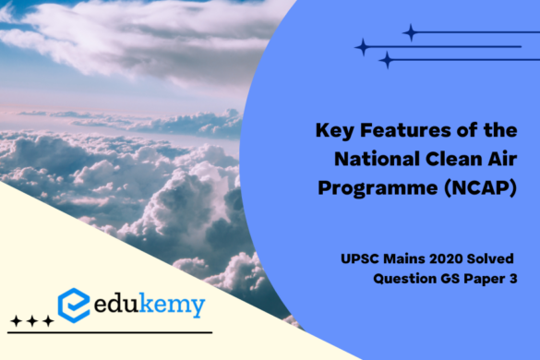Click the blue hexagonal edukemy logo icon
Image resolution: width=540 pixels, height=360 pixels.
pos(74,304)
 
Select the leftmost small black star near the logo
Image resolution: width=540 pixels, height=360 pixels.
pos(15,320)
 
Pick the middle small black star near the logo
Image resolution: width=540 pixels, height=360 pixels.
pos(31,320)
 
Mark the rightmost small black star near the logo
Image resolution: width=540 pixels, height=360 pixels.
pos(48,320)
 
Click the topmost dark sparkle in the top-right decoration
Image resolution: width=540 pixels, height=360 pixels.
pos(409,32)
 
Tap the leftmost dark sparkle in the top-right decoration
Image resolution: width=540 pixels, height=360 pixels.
pos(363,46)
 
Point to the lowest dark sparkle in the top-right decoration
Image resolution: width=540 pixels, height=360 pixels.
pos(386,60)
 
